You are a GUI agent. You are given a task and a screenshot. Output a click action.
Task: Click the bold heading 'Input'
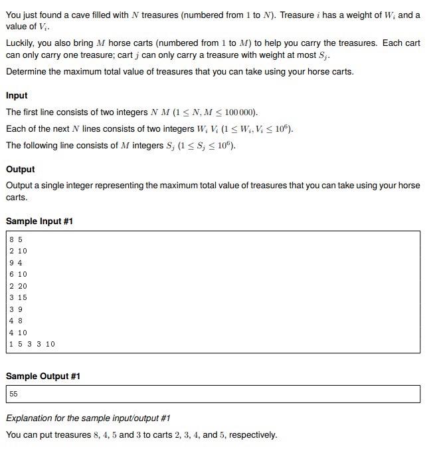[17, 95]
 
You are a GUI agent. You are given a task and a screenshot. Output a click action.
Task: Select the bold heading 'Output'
[20, 169]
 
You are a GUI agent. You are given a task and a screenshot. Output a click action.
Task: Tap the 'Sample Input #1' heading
[39, 221]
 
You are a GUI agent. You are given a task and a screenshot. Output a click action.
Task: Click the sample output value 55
[14, 394]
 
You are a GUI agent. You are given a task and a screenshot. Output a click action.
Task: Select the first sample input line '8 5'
[16, 239]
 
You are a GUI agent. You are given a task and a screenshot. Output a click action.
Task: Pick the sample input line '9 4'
[16, 262]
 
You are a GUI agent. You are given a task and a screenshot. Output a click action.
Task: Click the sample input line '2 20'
[18, 285]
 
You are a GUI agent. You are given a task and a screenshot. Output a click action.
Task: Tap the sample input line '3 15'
[18, 297]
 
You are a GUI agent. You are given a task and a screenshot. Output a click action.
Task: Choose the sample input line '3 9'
[16, 309]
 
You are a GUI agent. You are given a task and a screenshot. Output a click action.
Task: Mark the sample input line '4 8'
[16, 321]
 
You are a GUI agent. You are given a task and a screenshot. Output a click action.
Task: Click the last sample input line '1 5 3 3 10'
[32, 344]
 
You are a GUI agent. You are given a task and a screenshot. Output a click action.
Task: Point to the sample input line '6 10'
[18, 274]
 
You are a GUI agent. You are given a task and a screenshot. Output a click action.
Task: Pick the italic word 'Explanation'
[31, 418]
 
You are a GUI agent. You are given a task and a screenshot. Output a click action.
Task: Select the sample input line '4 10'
[18, 333]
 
